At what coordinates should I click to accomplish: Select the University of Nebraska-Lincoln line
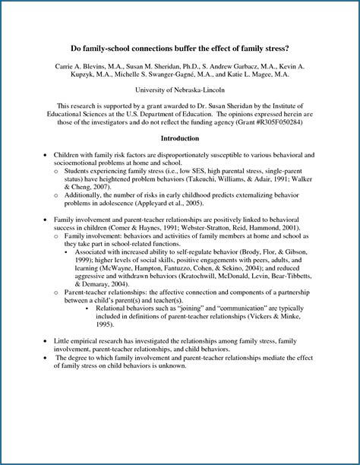click(x=179, y=90)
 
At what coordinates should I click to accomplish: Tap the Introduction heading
click(x=180, y=138)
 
